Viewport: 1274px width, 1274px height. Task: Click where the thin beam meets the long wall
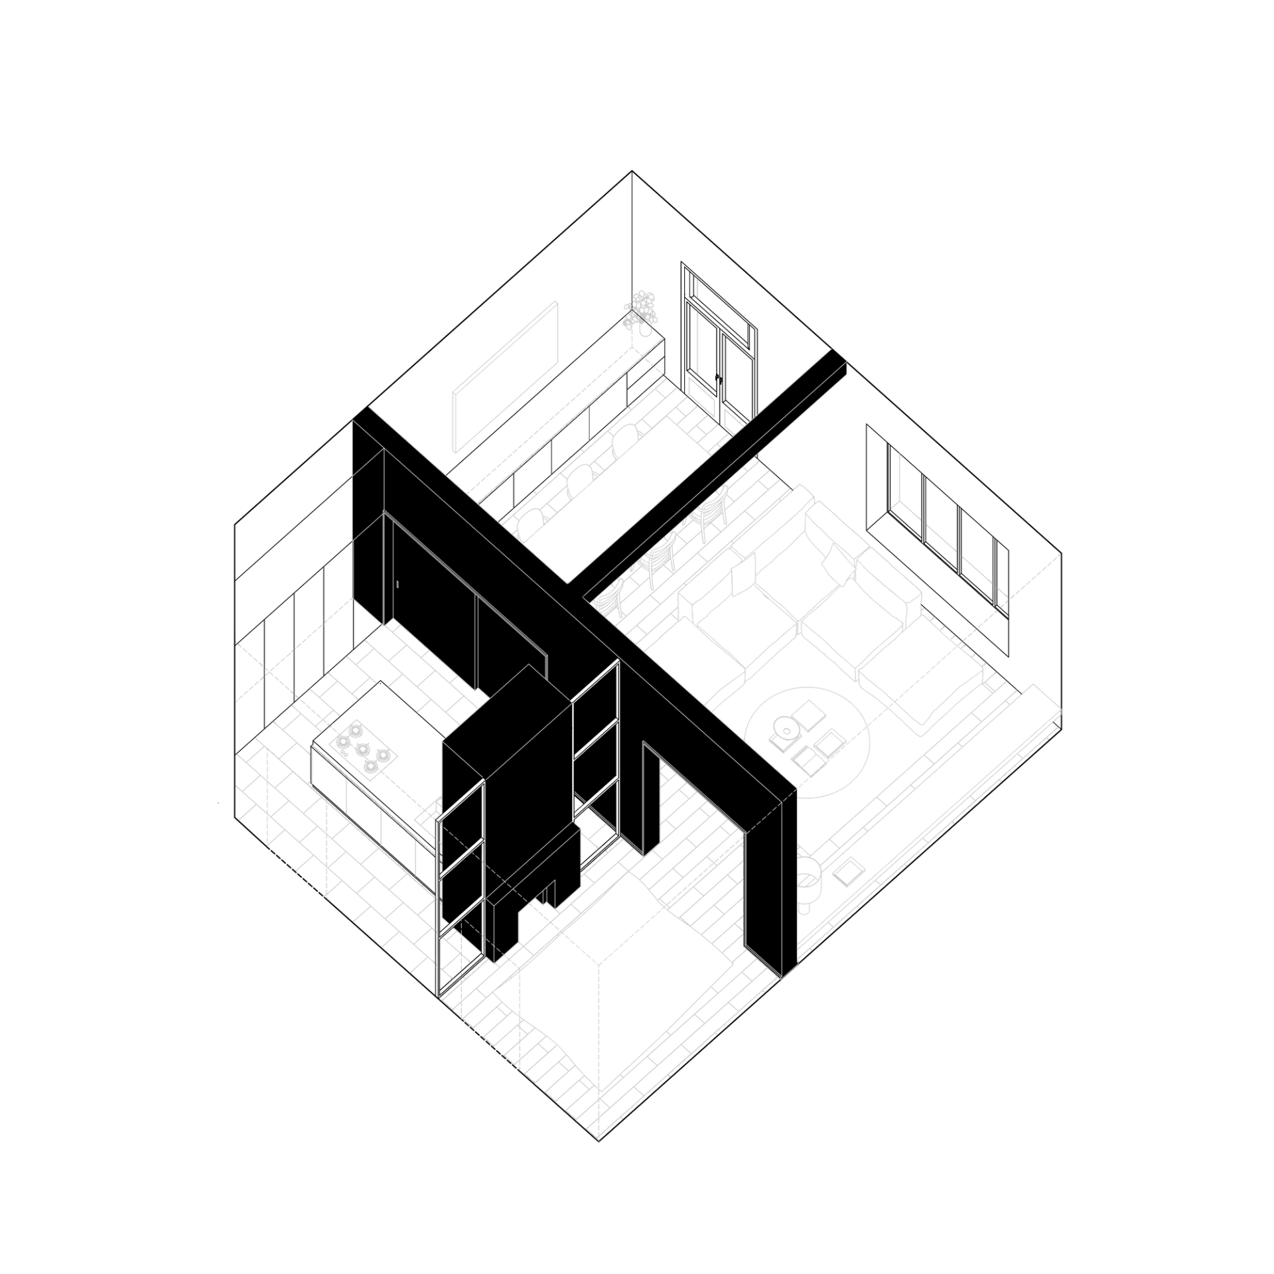point(577,591)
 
